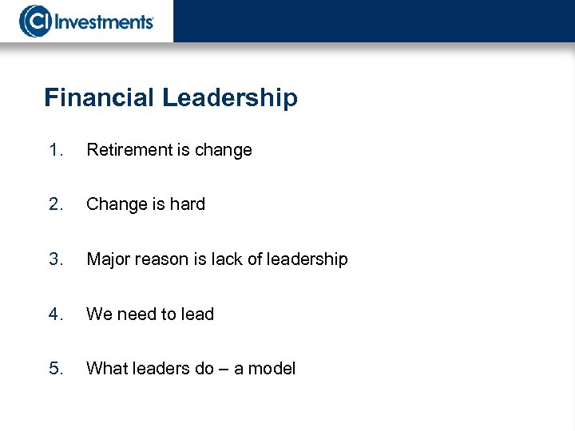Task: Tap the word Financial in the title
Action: [x=100, y=98]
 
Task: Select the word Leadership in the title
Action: [x=230, y=98]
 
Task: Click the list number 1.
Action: [x=54, y=150]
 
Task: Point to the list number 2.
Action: [x=54, y=204]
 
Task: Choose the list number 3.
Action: [x=54, y=259]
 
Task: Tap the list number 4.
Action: [x=54, y=314]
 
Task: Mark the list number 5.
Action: [x=54, y=369]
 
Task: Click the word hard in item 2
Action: [x=187, y=204]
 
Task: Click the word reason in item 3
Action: [x=161, y=260]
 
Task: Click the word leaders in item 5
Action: [x=163, y=369]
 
